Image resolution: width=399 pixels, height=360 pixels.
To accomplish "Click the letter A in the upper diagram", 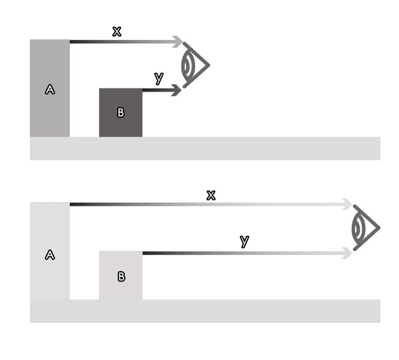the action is click(x=50, y=90).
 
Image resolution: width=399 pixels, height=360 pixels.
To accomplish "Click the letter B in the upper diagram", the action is click(x=121, y=112).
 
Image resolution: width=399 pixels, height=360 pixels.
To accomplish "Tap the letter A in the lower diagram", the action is click(x=50, y=254).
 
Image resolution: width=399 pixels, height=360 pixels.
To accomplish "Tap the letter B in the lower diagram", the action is click(x=122, y=276).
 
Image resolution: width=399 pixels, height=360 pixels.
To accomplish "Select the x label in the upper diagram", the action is click(x=117, y=31).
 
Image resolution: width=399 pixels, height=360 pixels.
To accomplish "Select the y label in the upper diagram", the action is click(x=159, y=78).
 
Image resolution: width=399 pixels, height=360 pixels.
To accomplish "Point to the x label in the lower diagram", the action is click(x=211, y=195).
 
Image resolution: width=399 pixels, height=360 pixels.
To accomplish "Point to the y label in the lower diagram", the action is click(x=245, y=241).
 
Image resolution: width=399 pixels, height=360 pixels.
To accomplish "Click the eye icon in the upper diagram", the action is click(x=195, y=65).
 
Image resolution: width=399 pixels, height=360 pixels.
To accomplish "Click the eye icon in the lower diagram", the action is click(x=365, y=228).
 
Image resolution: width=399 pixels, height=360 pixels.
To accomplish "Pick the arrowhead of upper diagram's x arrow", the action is click(x=178, y=42).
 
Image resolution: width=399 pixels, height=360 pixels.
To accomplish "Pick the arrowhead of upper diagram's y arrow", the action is click(x=176, y=90).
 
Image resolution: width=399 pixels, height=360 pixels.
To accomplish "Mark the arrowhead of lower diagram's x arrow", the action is click(x=347, y=204).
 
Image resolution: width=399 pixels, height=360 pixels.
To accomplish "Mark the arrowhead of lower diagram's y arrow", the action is click(x=347, y=253).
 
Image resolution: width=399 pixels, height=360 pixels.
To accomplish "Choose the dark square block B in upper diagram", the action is click(x=120, y=113).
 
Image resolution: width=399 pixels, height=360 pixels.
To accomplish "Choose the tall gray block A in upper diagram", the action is click(x=50, y=88).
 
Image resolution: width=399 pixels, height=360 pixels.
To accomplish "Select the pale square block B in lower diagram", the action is click(x=120, y=276).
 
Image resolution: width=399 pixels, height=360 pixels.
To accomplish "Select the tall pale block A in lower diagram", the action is click(x=50, y=251).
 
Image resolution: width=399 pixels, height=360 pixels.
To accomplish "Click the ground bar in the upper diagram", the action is click(x=205, y=149).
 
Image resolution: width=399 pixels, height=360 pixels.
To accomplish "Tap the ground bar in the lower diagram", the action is click(x=205, y=312).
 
